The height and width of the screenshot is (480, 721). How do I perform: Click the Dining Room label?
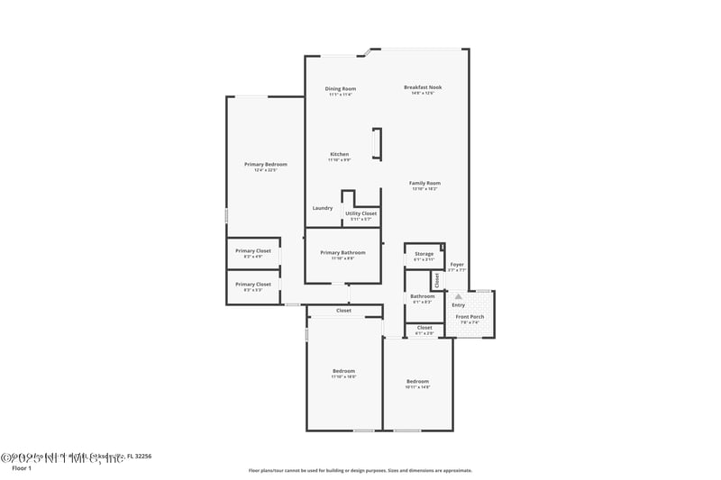coord(341,88)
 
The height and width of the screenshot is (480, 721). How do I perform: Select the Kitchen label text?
coord(339,154)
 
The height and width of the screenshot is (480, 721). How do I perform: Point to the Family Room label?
coord(424,183)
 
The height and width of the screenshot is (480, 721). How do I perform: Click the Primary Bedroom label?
coord(266,164)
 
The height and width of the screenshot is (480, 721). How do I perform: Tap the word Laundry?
coord(323,208)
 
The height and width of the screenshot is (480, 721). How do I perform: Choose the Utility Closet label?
coord(360,213)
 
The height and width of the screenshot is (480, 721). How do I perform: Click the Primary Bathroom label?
coord(342,253)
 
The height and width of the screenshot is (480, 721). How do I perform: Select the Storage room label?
coord(424,254)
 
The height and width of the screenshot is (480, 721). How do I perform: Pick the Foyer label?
coord(457,264)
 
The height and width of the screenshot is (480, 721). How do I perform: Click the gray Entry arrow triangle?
coord(458,295)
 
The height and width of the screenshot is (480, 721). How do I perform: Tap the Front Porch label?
coord(470,316)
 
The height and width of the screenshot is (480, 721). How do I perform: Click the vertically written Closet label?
coord(437,279)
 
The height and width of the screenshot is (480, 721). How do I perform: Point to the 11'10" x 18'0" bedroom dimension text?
coord(343,377)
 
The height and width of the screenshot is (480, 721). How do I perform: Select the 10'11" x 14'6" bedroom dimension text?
coord(416,387)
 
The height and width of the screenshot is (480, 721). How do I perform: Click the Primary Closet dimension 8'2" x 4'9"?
coord(253,257)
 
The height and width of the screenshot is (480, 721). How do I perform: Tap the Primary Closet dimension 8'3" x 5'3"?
coord(253,290)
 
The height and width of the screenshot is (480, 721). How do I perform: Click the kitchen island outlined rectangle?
coord(377,144)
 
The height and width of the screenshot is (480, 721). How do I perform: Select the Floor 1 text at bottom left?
coord(21,468)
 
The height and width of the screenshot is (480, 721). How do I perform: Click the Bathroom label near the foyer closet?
coord(423,296)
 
